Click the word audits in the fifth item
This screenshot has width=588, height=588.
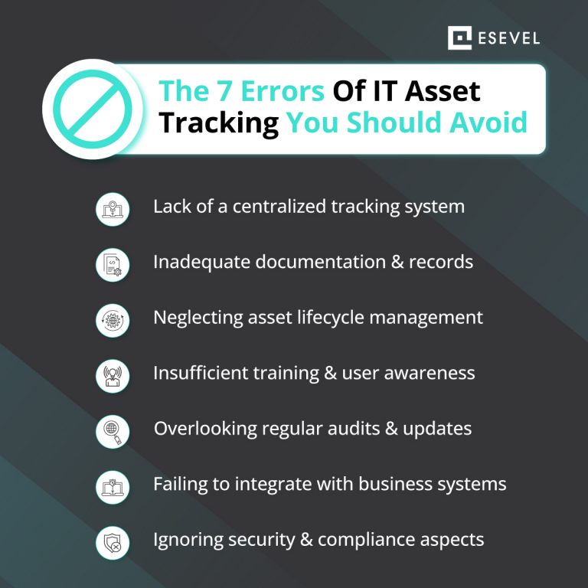pyautogui.click(x=361, y=429)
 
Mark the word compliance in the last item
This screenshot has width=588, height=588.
pyautogui.click(x=370, y=540)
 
